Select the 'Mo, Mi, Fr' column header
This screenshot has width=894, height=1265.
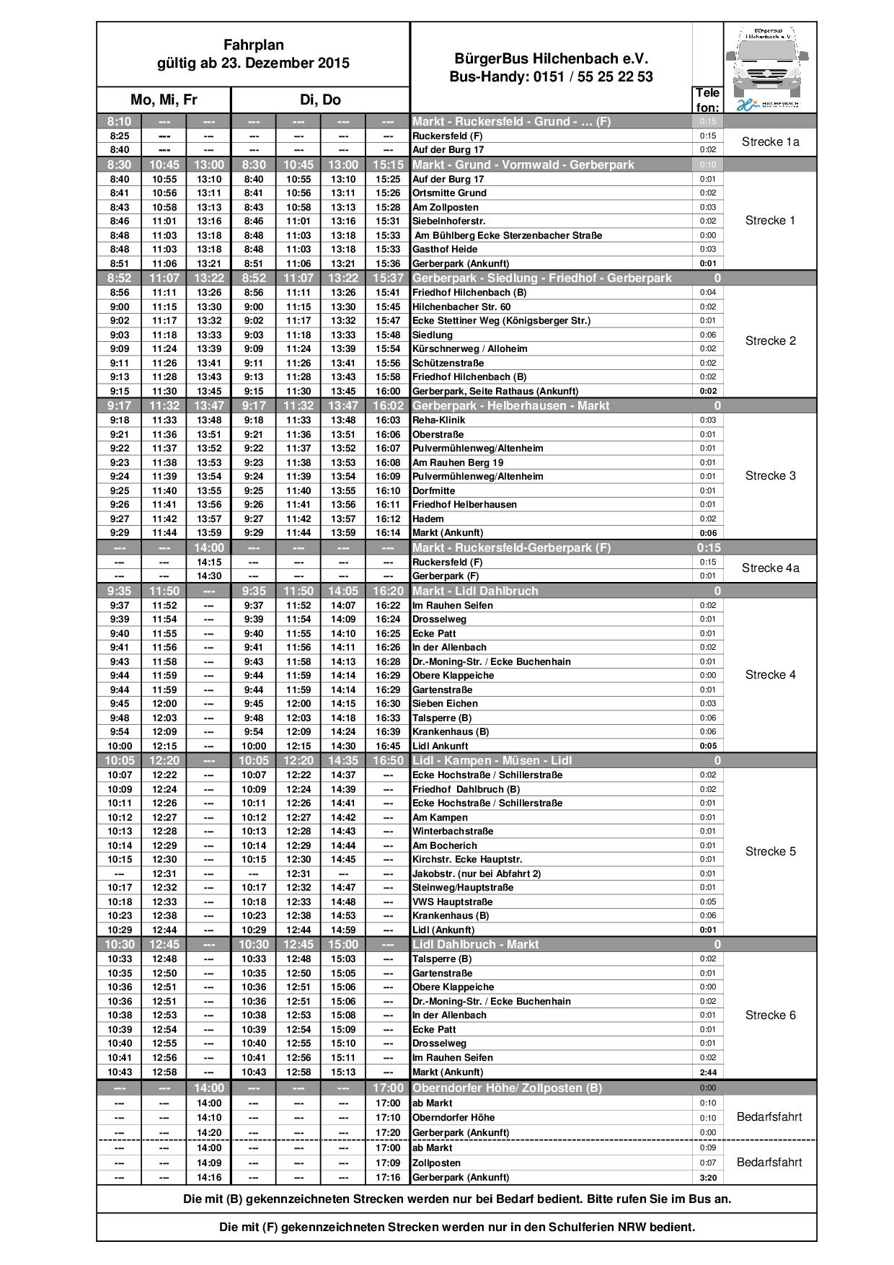click(x=164, y=100)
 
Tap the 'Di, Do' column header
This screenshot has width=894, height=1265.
click(x=320, y=100)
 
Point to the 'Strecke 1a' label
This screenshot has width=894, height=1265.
click(x=770, y=142)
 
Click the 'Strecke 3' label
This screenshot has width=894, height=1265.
click(x=770, y=476)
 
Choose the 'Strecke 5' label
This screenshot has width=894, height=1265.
click(x=770, y=852)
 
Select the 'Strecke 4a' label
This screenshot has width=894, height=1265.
click(x=770, y=568)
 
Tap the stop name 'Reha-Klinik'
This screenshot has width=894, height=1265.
click(x=438, y=420)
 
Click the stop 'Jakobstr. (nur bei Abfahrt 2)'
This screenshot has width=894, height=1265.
click(x=477, y=873)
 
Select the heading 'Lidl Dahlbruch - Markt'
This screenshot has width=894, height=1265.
click(x=475, y=945)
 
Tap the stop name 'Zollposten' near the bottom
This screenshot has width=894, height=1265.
click(x=436, y=1163)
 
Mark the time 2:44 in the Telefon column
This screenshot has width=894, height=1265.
click(x=708, y=1072)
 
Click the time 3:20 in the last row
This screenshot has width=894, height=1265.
click(x=708, y=1178)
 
